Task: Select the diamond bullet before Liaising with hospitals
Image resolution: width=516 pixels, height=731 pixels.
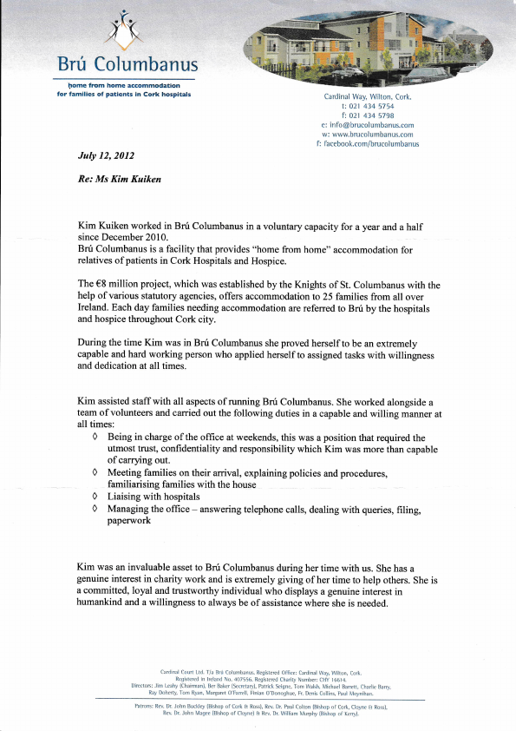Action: coord(95,497)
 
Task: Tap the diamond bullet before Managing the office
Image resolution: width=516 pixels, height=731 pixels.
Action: coord(95,509)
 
